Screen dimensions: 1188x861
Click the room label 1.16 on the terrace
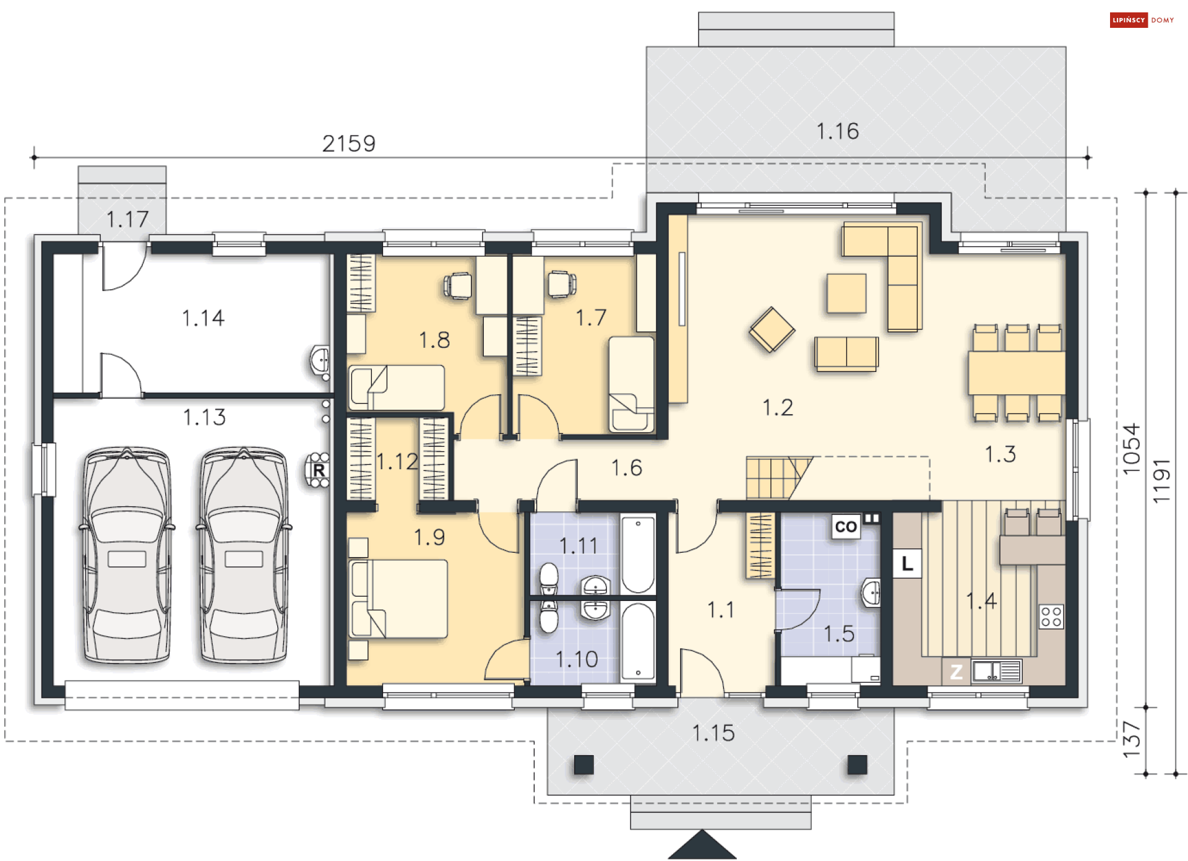click(837, 131)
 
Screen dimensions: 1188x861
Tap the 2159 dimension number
click(349, 144)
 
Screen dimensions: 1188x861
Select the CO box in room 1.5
click(846, 527)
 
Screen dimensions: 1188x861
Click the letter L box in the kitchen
click(908, 563)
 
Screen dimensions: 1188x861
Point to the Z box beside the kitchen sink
click(956, 672)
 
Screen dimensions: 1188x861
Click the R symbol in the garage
click(319, 470)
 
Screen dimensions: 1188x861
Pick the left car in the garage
click(127, 555)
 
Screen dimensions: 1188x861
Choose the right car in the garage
click(244, 555)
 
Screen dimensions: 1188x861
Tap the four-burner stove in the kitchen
click(1051, 617)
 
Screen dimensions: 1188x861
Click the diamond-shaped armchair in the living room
click(772, 329)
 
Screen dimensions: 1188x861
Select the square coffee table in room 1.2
click(846, 293)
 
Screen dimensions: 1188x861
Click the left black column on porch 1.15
click(583, 765)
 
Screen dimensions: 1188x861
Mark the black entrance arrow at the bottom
click(702, 846)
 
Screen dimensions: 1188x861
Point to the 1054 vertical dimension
click(1131, 449)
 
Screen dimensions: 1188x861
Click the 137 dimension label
click(1131, 740)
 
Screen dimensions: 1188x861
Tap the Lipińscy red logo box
click(1129, 20)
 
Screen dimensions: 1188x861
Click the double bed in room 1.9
click(398, 599)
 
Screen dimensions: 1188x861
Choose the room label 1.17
click(127, 219)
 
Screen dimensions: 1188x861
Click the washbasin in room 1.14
click(320, 360)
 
